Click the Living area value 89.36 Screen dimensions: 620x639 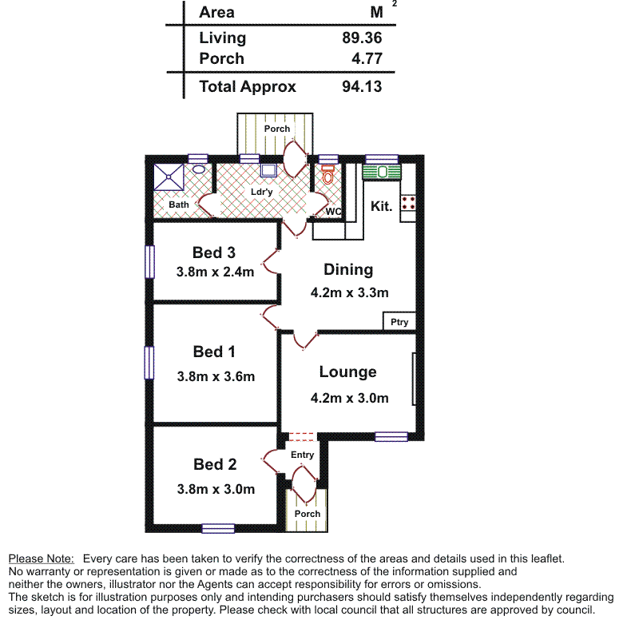(x=362, y=38)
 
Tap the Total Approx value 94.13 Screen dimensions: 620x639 (x=362, y=87)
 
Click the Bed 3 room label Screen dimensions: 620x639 (x=214, y=252)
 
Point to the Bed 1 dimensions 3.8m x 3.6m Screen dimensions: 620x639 (x=216, y=376)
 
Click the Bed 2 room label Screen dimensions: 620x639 (x=215, y=464)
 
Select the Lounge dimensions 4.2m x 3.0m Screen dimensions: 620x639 (x=349, y=398)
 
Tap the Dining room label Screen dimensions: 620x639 (x=348, y=269)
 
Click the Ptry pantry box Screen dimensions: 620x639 (x=399, y=322)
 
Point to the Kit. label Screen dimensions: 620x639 (x=382, y=206)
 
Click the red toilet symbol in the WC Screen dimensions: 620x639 (x=327, y=175)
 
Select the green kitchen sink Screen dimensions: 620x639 (x=381, y=172)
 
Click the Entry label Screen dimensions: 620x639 (x=302, y=455)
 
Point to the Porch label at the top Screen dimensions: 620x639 (x=277, y=129)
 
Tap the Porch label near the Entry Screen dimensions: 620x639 (x=308, y=514)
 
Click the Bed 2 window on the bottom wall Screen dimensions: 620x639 (x=218, y=528)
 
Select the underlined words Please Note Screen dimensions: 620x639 (x=41, y=558)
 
